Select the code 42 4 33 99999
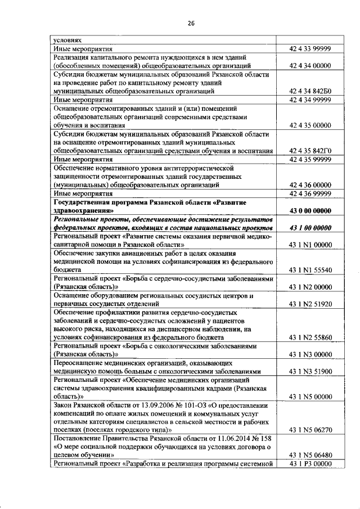click(310, 49)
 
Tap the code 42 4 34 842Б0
click(310, 90)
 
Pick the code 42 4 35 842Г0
click(310, 151)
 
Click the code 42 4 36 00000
click(310, 184)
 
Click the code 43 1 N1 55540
click(310, 270)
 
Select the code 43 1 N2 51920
click(310, 304)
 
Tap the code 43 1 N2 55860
click(310, 337)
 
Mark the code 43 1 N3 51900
click(310, 371)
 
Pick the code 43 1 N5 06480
click(310, 455)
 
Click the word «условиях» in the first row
click(67, 40)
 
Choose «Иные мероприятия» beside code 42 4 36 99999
click(79, 193)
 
